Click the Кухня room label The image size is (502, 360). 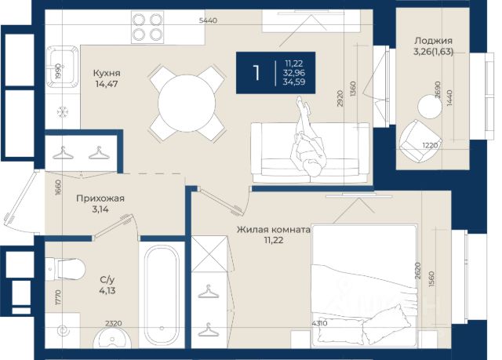click(x=107, y=73)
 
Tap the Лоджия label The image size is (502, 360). click(x=433, y=41)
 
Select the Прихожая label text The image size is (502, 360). click(x=100, y=198)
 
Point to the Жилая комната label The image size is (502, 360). click(x=274, y=230)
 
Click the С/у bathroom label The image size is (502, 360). click(x=107, y=280)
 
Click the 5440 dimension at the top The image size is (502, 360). click(x=208, y=20)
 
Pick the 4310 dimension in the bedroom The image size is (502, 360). click(x=319, y=323)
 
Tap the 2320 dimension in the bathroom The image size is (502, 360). click(x=113, y=323)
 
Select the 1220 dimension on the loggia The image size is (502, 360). click(x=430, y=146)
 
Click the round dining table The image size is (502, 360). click(x=187, y=104)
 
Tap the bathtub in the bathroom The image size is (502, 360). click(x=162, y=296)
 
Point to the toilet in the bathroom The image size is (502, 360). click(x=65, y=269)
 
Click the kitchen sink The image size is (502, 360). click(x=62, y=67)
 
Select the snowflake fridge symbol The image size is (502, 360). click(x=62, y=111)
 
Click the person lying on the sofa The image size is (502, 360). click(x=308, y=139)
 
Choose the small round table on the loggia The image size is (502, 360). click(x=429, y=107)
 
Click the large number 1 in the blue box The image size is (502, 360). click(x=256, y=73)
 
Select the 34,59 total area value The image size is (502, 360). click(x=294, y=82)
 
